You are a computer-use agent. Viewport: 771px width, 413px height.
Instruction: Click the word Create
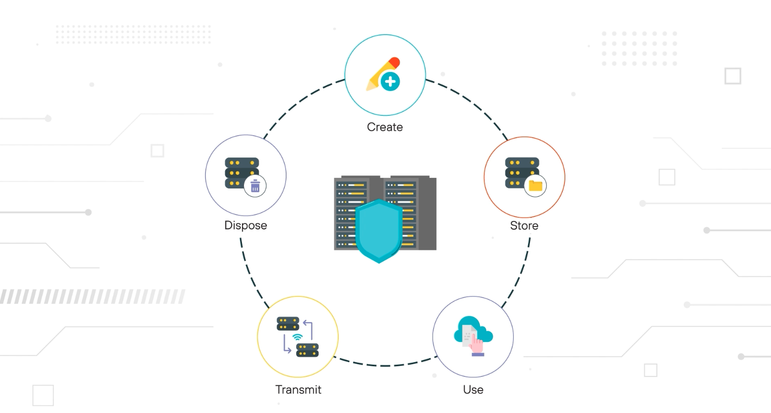coord(384,127)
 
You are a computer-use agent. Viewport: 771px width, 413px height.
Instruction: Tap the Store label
coord(524,226)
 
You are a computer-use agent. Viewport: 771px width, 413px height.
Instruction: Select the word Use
coord(473,390)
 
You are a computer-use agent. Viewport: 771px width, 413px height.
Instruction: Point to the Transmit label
coord(298,390)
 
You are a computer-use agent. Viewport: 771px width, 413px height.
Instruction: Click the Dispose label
coord(246,226)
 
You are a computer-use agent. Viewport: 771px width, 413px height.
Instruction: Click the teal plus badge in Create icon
coord(390,81)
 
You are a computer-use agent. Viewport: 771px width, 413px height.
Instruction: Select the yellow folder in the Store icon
coord(535,186)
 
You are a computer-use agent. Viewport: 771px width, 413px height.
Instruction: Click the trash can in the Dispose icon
coord(255,186)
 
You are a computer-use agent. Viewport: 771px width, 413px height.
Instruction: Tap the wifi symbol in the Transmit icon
coord(298,336)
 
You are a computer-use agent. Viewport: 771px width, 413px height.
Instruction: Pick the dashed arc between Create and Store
coord(469,102)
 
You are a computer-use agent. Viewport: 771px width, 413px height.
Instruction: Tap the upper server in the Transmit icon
coord(288,324)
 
